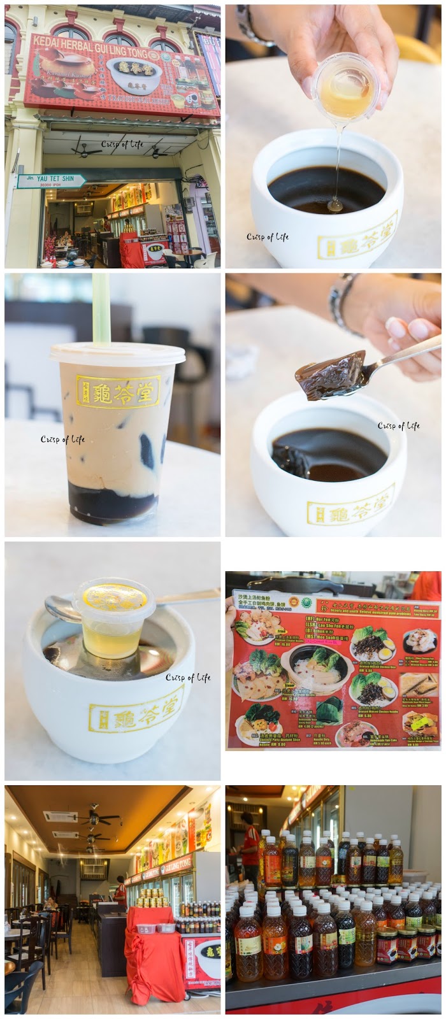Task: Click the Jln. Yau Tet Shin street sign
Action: pyautogui.click(x=50, y=182)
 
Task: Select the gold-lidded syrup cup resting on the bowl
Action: pyautogui.click(x=115, y=616)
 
